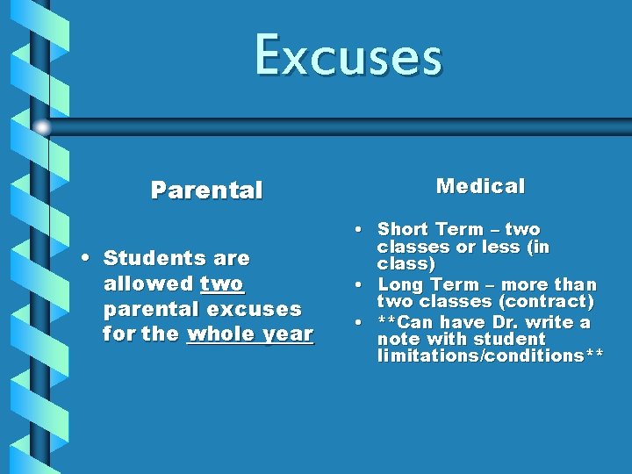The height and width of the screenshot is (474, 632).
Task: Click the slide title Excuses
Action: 348,55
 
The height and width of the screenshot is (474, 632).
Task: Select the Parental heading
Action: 206,190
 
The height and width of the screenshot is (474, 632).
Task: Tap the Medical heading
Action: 480,186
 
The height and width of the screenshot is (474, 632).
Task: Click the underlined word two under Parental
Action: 222,284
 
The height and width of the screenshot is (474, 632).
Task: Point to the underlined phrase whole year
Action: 250,334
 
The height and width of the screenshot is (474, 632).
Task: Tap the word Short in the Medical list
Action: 402,230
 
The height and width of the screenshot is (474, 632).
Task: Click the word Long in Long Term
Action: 399,285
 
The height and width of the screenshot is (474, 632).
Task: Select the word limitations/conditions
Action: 480,355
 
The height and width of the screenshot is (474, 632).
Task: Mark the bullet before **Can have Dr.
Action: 361,323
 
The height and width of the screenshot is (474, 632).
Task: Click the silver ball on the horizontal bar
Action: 41,127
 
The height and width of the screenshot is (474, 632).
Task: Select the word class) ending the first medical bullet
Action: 406,263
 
